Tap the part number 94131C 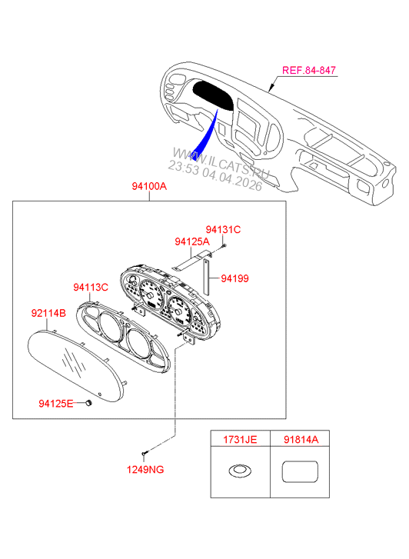point(223,229)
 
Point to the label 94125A point(191,241)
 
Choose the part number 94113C point(91,287)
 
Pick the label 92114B point(48,313)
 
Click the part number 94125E point(56,402)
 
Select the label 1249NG point(146,468)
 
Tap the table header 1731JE point(240,441)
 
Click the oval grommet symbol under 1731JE point(240,470)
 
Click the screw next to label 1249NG point(145,452)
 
